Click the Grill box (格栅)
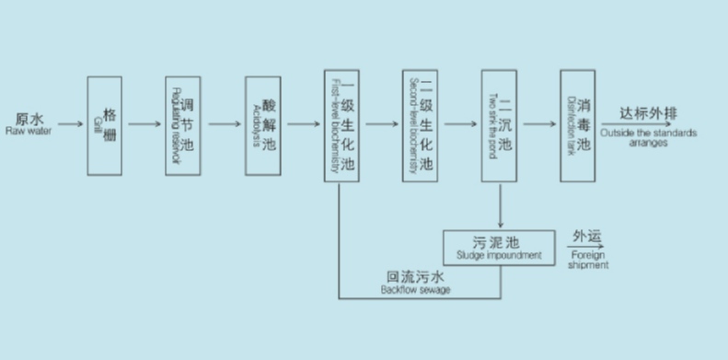104,125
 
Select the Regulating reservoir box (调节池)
183,125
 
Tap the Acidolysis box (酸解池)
262,125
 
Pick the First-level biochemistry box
341,125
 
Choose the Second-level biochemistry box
420,125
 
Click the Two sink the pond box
499,125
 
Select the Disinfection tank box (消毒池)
578,125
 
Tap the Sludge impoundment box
500,247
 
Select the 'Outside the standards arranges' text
648,132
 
